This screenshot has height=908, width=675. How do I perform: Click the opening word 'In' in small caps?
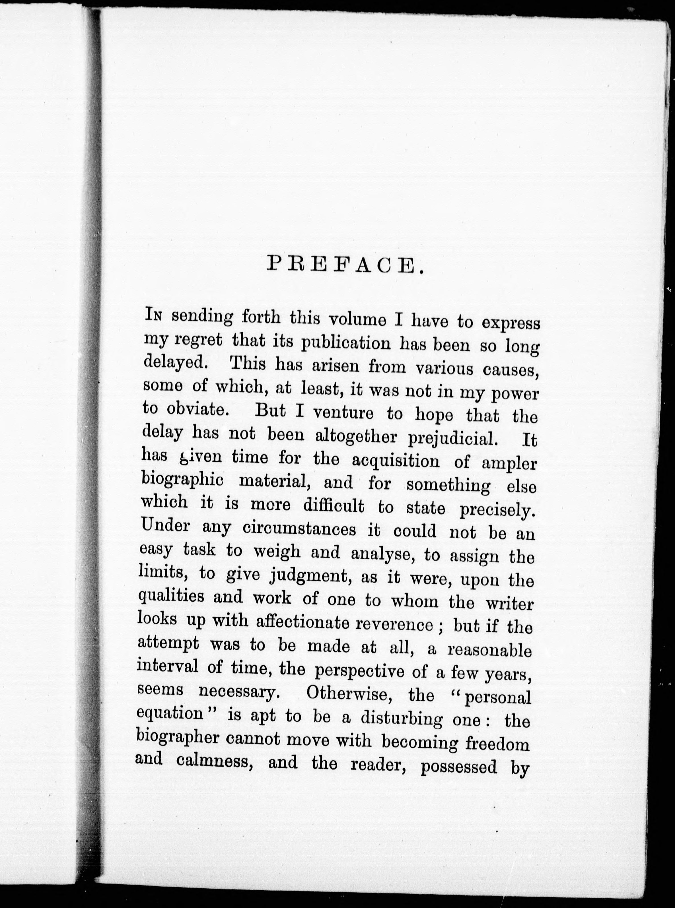(155, 316)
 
